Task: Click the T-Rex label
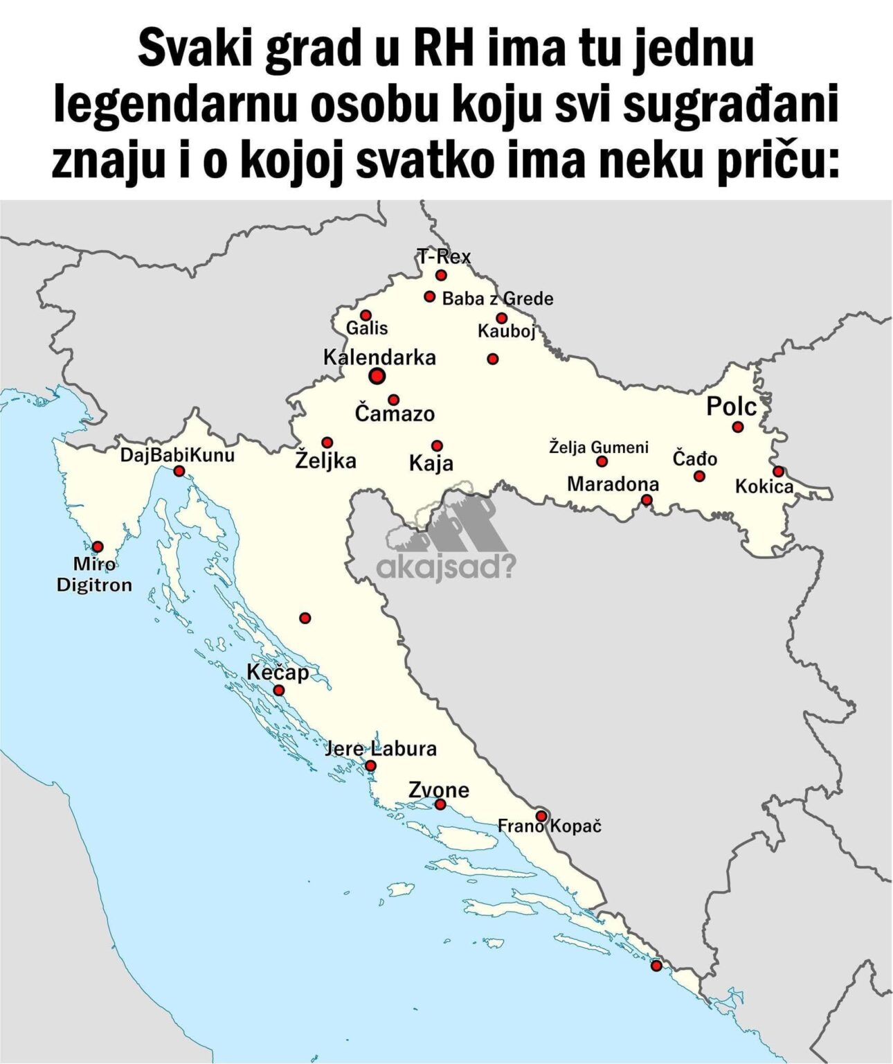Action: [444, 257]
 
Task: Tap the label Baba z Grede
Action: [497, 299]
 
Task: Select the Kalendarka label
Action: [379, 357]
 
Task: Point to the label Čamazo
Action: [395, 414]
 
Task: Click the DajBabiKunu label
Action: [177, 455]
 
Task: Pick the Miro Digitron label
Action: [93, 575]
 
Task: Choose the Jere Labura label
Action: [381, 749]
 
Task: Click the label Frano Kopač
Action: [550, 826]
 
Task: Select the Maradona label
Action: [613, 484]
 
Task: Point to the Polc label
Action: [731, 407]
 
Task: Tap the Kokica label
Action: [764, 486]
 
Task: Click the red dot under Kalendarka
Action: [377, 376]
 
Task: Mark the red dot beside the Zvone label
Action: [440, 804]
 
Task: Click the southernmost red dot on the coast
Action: [656, 966]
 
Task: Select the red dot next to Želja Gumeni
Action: [602, 461]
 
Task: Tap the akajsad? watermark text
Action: [446, 569]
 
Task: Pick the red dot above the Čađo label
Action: [737, 427]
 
